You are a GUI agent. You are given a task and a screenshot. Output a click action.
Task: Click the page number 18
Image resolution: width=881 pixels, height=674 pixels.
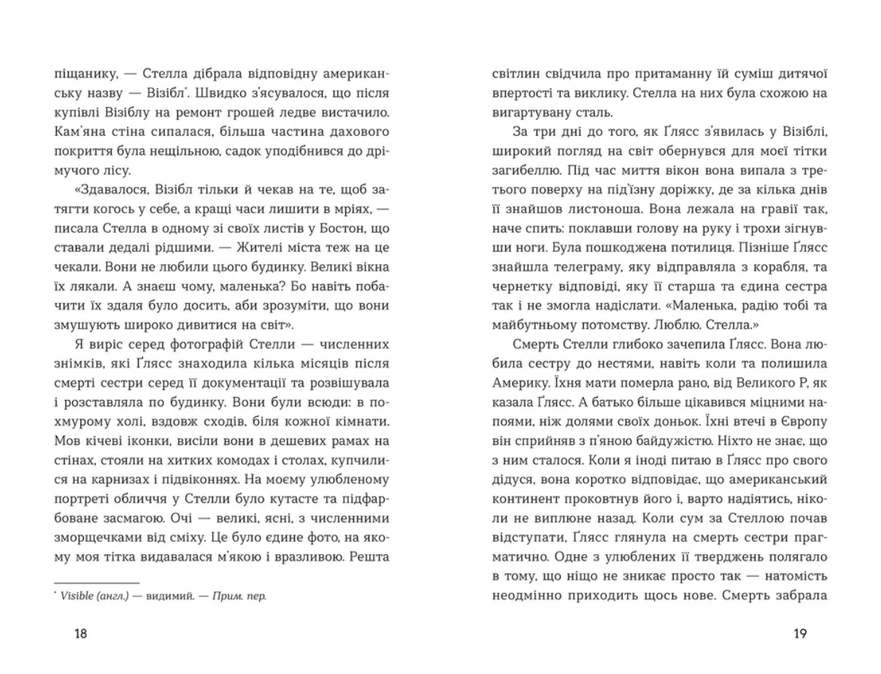tap(80, 634)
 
